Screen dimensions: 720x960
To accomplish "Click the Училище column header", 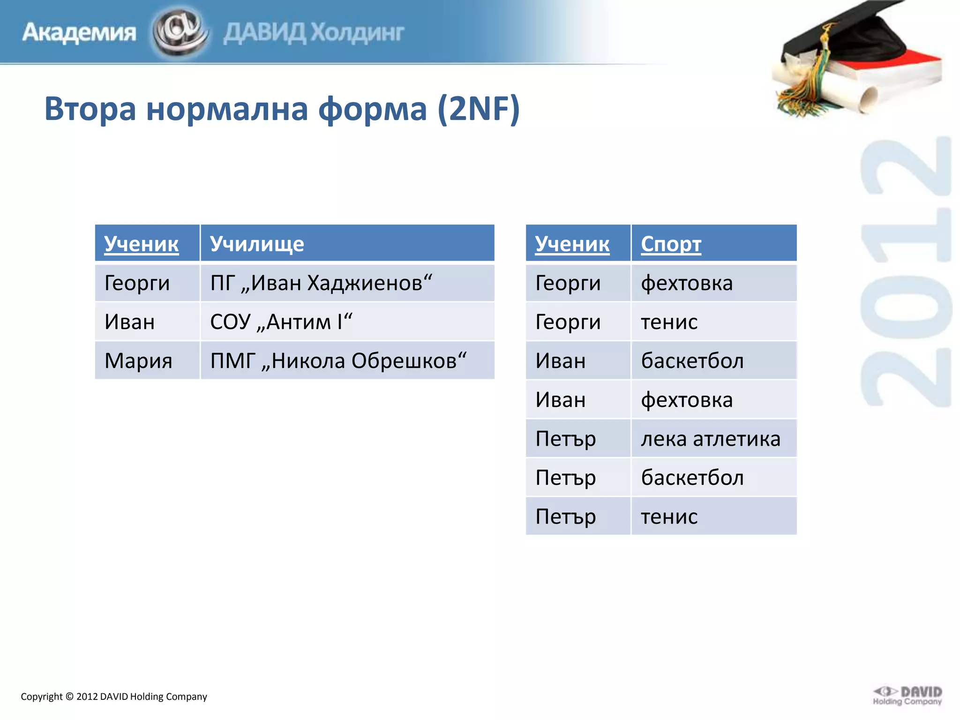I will (x=257, y=244).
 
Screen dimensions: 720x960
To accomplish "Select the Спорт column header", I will (x=671, y=244).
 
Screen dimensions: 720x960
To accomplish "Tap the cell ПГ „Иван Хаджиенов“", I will (x=321, y=283).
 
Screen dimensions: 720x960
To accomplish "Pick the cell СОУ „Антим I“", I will (x=281, y=322).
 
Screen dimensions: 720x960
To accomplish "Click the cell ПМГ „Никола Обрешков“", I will (x=338, y=361).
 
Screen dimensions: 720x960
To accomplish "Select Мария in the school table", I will (x=138, y=361).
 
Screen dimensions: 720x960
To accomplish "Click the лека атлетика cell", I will (x=710, y=439).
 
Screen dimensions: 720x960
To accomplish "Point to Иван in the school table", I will (x=129, y=322).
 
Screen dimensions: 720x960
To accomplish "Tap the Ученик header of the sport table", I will (x=572, y=244).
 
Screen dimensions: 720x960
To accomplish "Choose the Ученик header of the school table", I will (x=141, y=244).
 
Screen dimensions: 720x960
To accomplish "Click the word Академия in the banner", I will (x=79, y=32).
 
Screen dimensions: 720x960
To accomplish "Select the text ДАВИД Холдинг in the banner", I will (x=314, y=32).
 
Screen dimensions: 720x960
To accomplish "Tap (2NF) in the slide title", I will (x=479, y=109).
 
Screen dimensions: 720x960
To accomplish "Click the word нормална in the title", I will (x=227, y=109).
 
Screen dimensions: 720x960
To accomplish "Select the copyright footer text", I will (x=114, y=697).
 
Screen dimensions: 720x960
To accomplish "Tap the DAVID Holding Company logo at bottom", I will (x=907, y=696).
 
